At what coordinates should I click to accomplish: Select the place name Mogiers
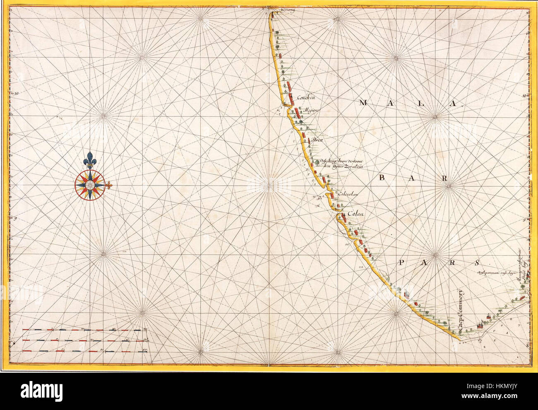point(312,111)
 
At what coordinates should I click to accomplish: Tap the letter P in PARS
point(403,263)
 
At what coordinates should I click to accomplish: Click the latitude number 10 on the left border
point(17,94)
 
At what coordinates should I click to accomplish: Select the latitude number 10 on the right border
point(523,96)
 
